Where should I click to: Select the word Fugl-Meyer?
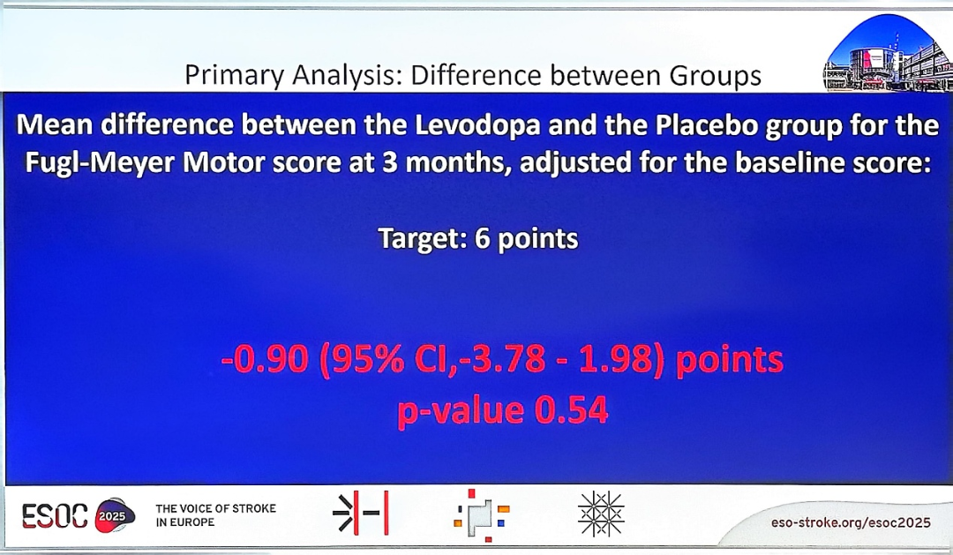point(101,164)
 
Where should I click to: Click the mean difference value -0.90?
point(265,360)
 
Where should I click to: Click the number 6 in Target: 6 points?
point(483,238)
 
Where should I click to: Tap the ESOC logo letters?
point(55,516)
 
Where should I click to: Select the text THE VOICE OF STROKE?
point(216,508)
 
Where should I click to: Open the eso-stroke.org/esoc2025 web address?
point(851,522)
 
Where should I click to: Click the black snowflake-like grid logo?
point(601,514)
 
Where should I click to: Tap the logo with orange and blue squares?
point(482,515)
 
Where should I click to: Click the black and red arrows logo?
point(361,514)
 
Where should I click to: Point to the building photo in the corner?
point(888,54)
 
